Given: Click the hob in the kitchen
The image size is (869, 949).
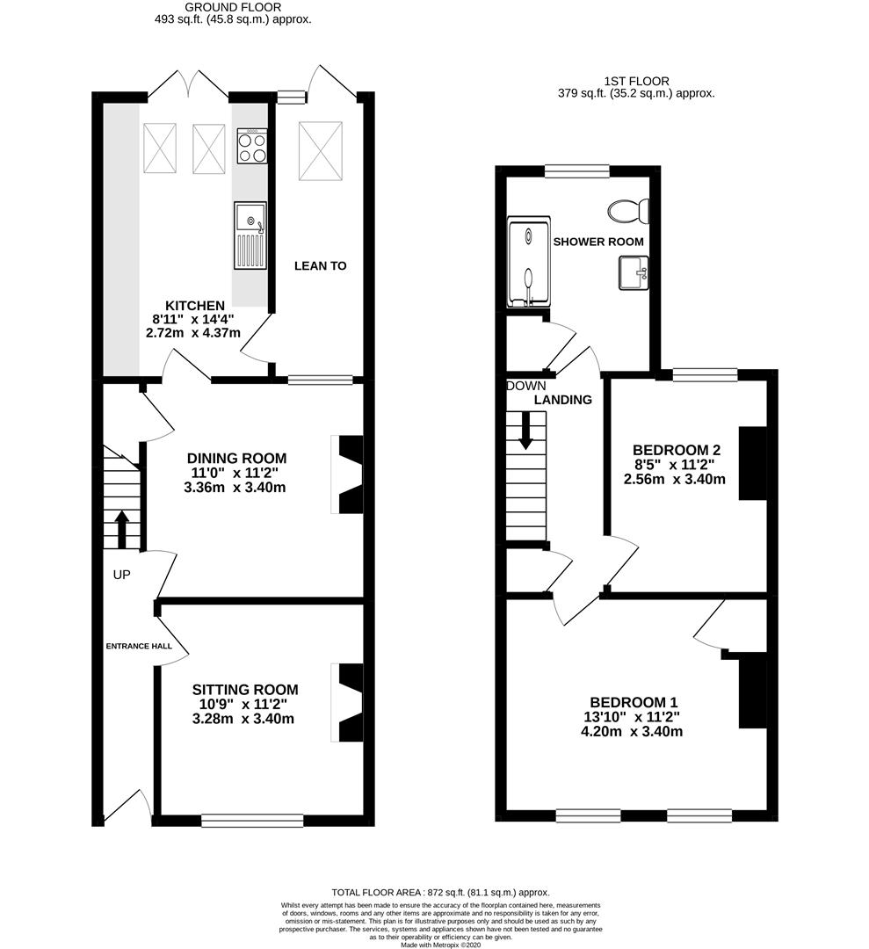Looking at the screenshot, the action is (x=252, y=146).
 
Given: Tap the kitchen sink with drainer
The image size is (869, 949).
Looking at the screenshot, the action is (x=250, y=235).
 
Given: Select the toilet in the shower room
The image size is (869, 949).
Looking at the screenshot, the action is (x=629, y=211).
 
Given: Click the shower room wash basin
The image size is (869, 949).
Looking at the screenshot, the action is (x=634, y=272).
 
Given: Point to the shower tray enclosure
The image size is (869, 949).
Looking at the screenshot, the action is (x=529, y=262).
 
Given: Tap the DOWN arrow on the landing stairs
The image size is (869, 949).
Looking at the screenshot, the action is (x=525, y=431).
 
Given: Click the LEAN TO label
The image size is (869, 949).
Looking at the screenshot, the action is (x=320, y=265).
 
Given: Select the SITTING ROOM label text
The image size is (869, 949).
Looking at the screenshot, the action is (x=245, y=690).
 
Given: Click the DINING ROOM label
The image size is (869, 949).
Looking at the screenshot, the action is (x=236, y=458).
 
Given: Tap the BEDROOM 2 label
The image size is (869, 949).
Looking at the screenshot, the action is (x=677, y=450).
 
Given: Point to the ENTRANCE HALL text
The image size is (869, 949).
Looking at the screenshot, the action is (x=139, y=646).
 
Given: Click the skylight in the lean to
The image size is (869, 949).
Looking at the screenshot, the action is (x=320, y=151).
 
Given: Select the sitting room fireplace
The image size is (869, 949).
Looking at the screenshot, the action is (x=347, y=702).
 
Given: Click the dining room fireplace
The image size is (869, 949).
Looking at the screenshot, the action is (x=347, y=474).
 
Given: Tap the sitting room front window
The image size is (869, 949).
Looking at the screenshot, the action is (x=252, y=820).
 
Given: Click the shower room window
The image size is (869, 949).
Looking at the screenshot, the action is (x=576, y=171).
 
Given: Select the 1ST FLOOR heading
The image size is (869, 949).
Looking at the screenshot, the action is (x=636, y=81).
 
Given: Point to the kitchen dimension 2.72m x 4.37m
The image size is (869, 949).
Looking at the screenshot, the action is (x=193, y=333).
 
